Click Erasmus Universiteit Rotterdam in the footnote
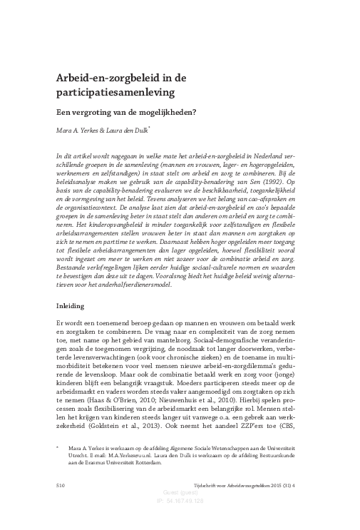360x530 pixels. tap(103, 461)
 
